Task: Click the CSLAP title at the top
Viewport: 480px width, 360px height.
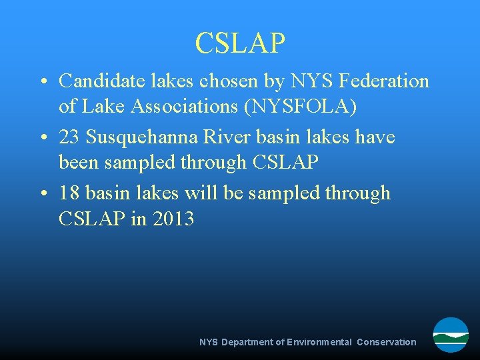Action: click(240, 43)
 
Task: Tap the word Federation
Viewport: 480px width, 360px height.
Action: click(384, 81)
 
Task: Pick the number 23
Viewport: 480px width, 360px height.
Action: click(69, 137)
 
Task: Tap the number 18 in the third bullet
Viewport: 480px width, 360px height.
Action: click(69, 193)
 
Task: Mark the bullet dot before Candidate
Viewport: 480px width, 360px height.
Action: click(42, 82)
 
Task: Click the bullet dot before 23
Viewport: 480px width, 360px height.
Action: click(42, 138)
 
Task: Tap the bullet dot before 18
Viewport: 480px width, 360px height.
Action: click(42, 194)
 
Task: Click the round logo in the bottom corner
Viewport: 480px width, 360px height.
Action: click(451, 335)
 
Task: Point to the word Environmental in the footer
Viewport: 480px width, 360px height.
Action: click(319, 342)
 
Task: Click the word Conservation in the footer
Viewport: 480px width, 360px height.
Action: click(386, 342)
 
